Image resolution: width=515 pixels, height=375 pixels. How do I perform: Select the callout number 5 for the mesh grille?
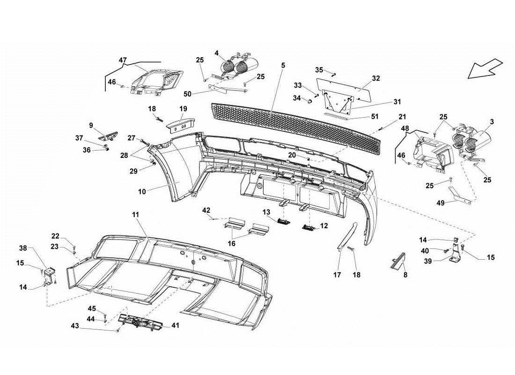[x=283, y=66]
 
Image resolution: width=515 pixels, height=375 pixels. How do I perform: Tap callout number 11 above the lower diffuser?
[x=135, y=214]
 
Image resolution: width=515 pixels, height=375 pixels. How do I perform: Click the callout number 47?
[x=123, y=60]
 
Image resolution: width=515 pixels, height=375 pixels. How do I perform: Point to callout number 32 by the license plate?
[x=376, y=78]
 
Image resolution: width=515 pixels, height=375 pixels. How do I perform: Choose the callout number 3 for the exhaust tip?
[x=491, y=121]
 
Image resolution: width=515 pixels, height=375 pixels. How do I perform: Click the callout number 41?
[x=175, y=325]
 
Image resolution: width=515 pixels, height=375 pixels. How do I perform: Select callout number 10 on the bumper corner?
[x=142, y=191]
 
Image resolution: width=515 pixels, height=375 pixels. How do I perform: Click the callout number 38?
[x=23, y=248]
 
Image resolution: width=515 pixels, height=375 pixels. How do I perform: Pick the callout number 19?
[x=183, y=108]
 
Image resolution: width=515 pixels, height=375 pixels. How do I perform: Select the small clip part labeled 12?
[x=309, y=227]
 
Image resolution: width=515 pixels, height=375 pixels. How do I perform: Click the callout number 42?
[x=206, y=210]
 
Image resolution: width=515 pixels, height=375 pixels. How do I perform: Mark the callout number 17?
[x=337, y=275]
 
